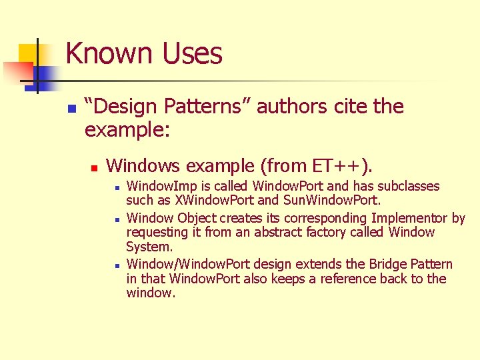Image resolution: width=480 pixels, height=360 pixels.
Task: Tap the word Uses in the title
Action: click(x=192, y=53)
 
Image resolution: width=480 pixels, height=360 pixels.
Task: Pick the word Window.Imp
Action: click(x=157, y=186)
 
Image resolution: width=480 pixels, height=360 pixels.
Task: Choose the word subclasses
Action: click(x=407, y=186)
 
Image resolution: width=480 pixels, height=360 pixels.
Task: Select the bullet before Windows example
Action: click(x=95, y=166)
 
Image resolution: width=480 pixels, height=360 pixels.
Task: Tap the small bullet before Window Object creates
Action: click(x=116, y=219)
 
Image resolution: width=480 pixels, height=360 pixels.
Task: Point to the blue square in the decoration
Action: click(x=36, y=75)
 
